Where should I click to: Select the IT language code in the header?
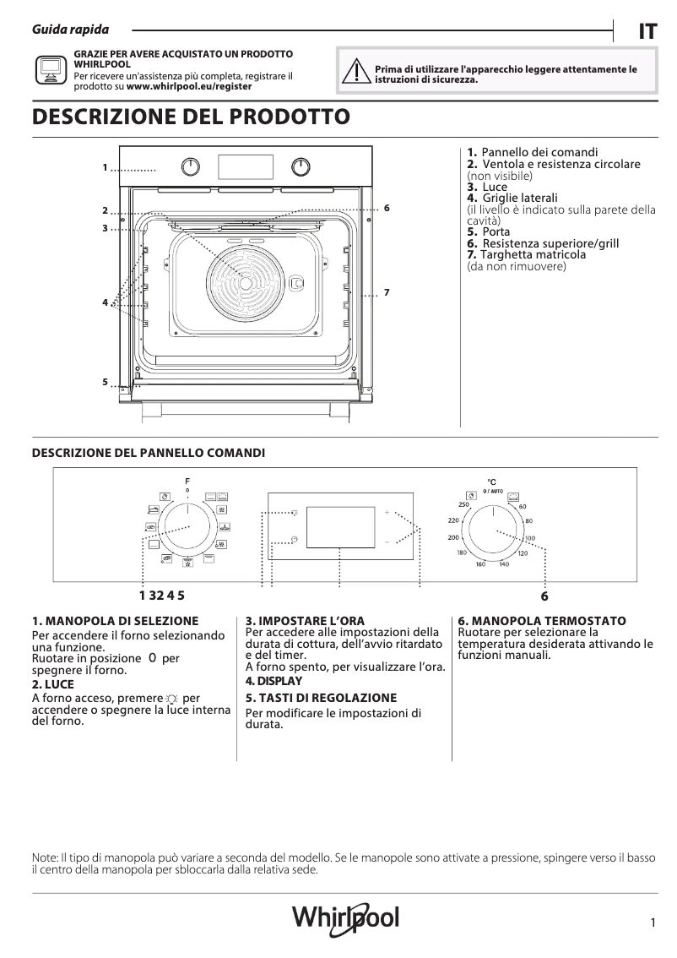(647, 31)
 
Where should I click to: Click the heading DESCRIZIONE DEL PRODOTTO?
(190, 117)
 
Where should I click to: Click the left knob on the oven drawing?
(192, 166)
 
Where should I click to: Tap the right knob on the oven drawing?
(300, 166)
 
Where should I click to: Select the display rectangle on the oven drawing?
(244, 166)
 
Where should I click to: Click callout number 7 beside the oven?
(385, 292)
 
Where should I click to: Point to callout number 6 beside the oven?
(385, 207)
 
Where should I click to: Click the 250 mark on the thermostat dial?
(463, 504)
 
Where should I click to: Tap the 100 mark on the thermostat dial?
(529, 538)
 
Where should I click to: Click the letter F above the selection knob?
(187, 481)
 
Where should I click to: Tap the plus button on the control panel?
(388, 513)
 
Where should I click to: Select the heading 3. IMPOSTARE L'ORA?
(305, 621)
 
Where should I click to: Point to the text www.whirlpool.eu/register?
(188, 86)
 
